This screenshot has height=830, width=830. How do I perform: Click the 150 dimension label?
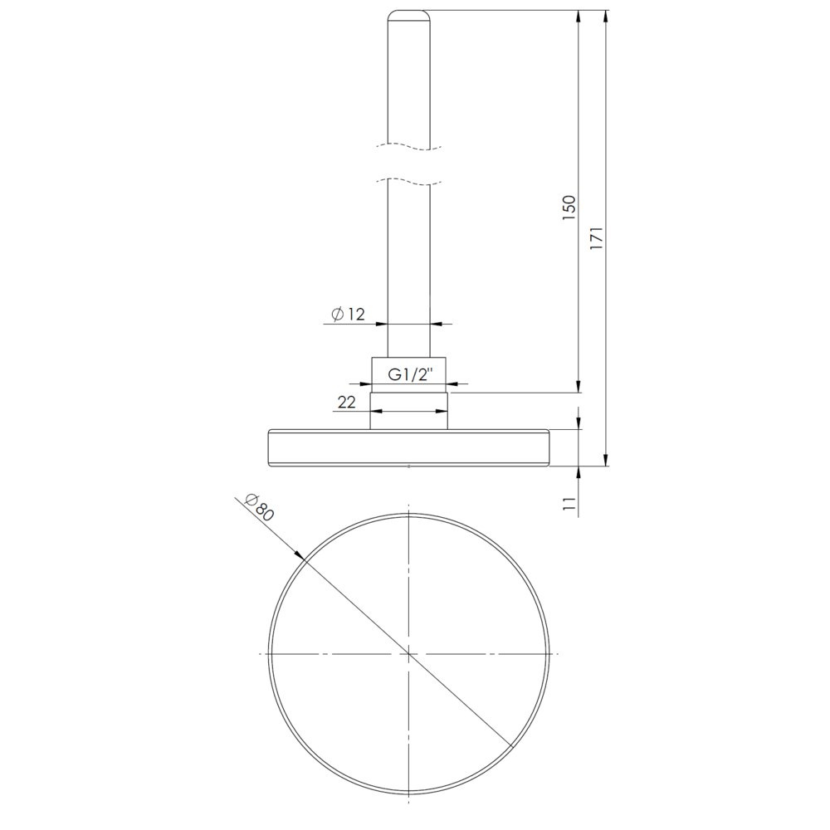coord(569,208)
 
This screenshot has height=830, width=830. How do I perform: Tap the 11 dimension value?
coord(569,503)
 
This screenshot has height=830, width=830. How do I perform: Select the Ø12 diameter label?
coord(349,315)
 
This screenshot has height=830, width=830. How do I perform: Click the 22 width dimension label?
coord(347,403)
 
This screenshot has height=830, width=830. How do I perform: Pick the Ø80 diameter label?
coord(259,506)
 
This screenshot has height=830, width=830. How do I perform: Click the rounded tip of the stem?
coord(408,15)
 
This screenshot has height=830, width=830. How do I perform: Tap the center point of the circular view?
coord(408,654)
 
